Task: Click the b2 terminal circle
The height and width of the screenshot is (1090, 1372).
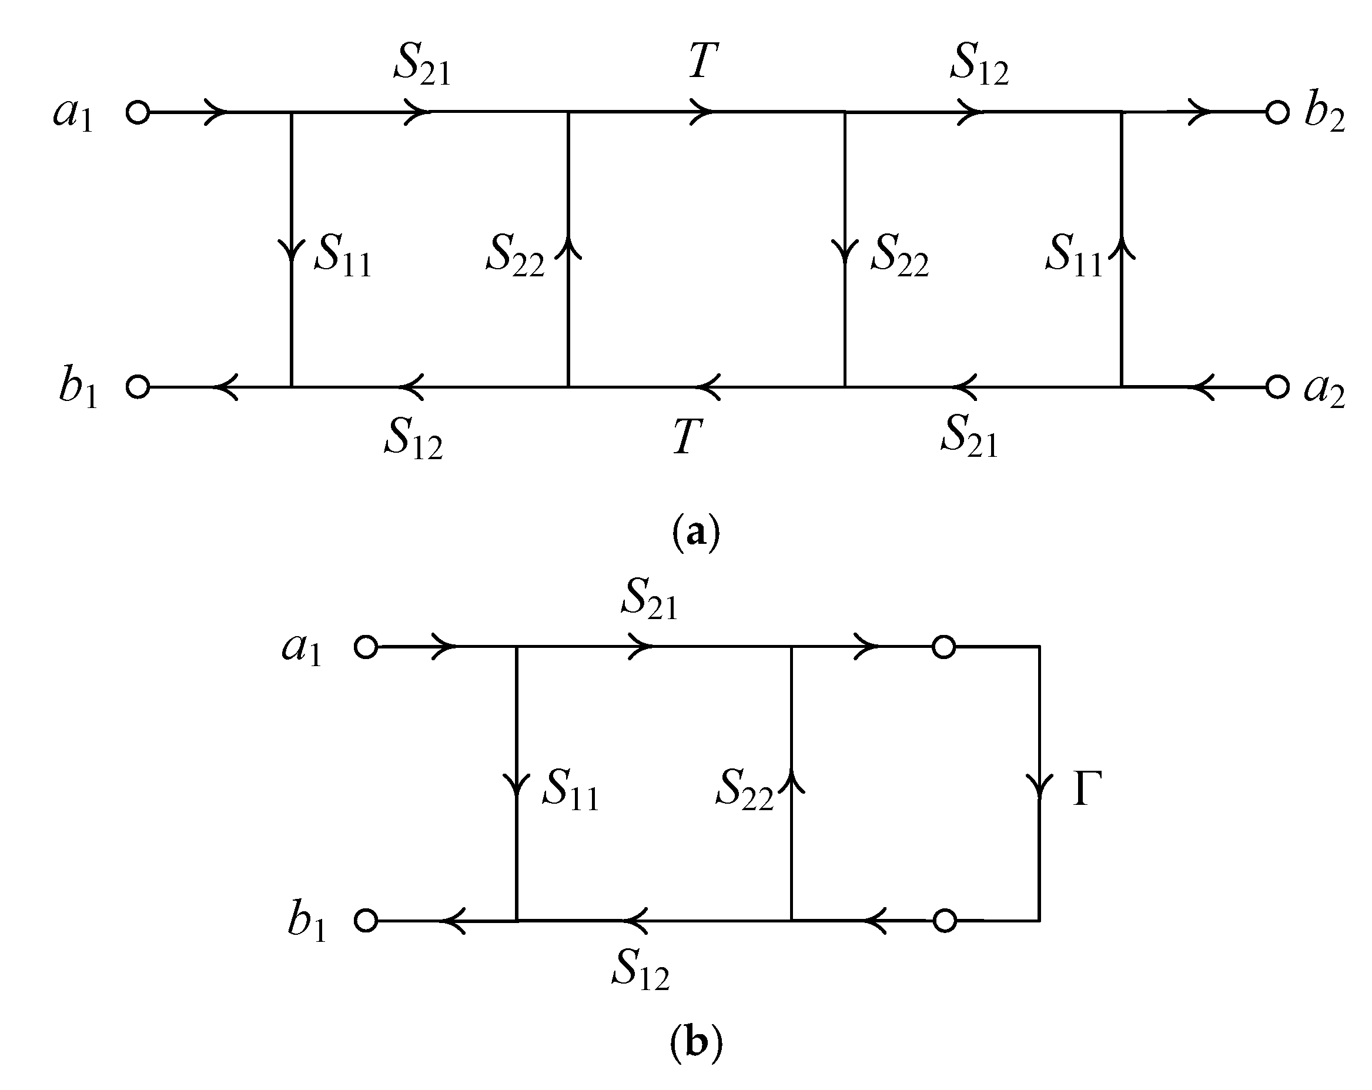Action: (1277, 113)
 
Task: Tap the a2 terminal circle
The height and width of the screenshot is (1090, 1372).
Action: (1277, 387)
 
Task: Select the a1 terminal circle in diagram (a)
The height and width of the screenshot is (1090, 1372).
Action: (138, 113)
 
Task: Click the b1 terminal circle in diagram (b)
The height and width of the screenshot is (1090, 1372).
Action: (366, 921)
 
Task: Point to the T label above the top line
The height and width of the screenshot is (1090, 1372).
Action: (704, 62)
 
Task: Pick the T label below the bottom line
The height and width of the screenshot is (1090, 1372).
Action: (688, 437)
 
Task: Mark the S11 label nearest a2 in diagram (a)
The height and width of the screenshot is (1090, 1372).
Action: (1073, 255)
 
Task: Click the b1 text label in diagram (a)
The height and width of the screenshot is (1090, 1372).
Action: (78, 388)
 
